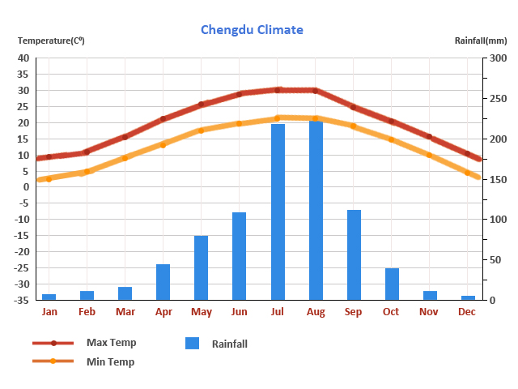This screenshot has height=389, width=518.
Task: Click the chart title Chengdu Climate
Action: [252, 30]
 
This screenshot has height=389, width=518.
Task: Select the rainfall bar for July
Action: [278, 212]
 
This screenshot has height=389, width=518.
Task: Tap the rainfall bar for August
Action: [316, 210]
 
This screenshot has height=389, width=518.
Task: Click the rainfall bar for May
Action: [201, 267]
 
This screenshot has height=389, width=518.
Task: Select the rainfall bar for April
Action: [163, 281]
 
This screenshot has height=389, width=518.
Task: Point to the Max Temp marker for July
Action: [278, 90]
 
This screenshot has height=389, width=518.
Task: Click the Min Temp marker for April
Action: [163, 144]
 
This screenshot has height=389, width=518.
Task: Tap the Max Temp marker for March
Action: [125, 137]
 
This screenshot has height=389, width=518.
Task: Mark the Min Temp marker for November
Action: [429, 154]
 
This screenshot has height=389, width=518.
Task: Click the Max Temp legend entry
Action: [111, 343]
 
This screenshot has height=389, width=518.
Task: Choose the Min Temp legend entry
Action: [110, 361]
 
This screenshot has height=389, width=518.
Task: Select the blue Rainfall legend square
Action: [192, 344]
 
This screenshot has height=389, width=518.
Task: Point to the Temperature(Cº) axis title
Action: [51, 41]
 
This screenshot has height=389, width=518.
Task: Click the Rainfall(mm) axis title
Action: [480, 41]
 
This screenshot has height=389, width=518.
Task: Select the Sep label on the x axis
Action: [353, 312]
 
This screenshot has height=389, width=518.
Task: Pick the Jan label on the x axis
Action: [49, 312]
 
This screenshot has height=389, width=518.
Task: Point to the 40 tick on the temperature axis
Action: [23, 58]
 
